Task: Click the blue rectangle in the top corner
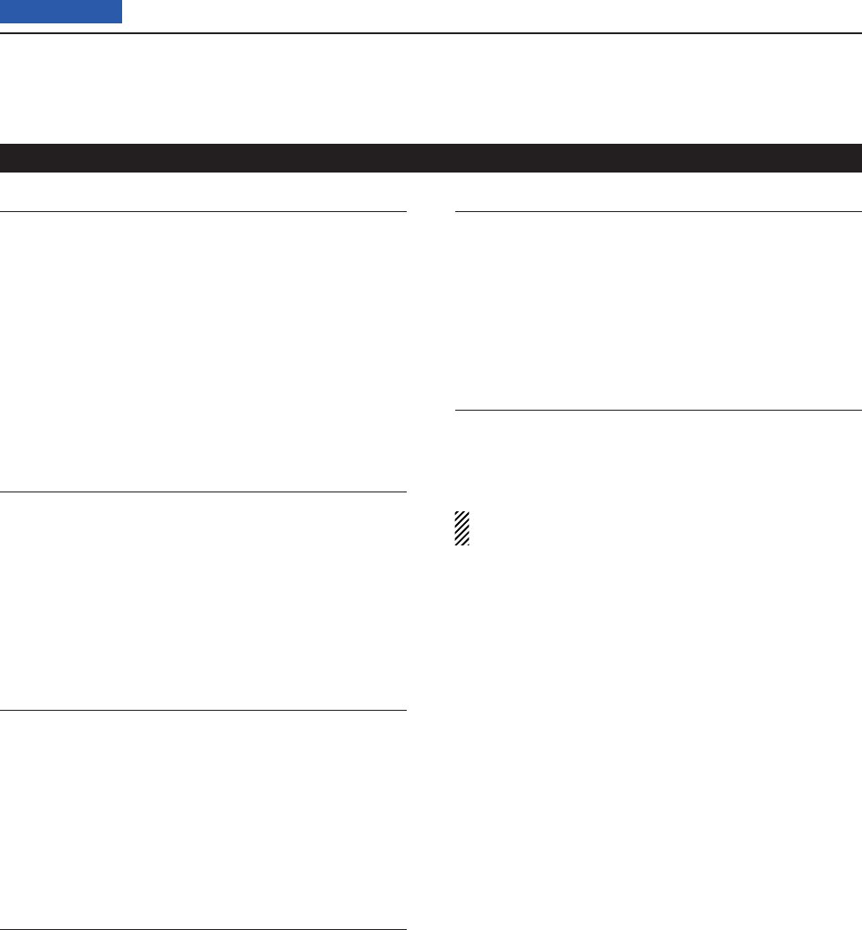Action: pos(61,11)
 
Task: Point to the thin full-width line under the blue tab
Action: pos(431,34)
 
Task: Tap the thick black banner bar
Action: pos(431,157)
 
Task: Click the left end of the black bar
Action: pos(4,157)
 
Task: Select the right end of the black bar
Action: pos(858,157)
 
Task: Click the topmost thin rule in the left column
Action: pos(203,212)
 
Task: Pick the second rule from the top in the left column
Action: pos(203,492)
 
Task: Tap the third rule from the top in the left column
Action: pos(203,711)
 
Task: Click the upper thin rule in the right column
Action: pos(657,212)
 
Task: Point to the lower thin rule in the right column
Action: pos(657,411)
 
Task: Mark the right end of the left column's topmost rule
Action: pos(405,212)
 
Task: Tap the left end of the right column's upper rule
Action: pos(457,212)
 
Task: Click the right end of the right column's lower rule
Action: pos(859,411)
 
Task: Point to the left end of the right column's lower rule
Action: pos(457,411)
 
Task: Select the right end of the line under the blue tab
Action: pos(859,34)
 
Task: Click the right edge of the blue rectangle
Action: pos(121,11)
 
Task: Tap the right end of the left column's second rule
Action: pos(405,492)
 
